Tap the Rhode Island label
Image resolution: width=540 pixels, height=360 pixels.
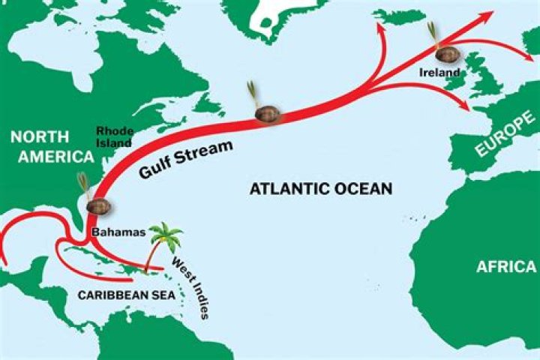113,136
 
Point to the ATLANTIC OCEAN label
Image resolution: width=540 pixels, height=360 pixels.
320,188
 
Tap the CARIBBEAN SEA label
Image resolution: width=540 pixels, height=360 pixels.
126,295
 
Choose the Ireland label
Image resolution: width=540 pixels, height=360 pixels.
439,73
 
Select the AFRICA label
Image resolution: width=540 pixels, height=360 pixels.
507,266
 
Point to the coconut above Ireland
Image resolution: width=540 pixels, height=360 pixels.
445,55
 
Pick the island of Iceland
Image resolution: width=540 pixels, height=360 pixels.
398,13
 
